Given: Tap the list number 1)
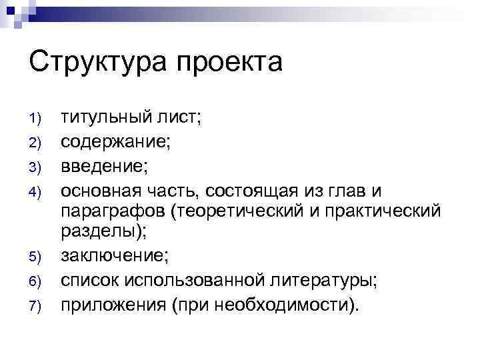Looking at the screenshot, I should (37, 119).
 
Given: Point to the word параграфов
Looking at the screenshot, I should (115, 212).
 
